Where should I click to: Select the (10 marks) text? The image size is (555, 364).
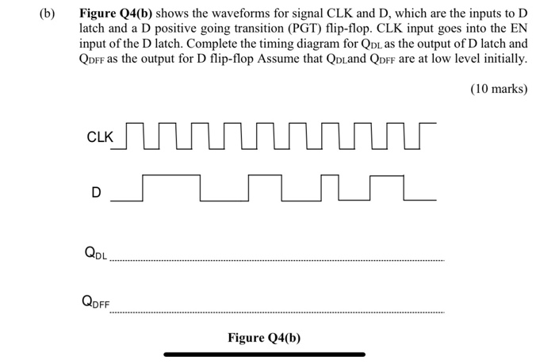click(497, 89)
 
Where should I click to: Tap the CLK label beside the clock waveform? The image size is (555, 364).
click(100, 137)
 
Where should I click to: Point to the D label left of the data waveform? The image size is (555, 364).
click(96, 192)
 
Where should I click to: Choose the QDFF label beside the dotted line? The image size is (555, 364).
click(96, 301)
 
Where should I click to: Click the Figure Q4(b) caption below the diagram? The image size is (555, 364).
click(264, 338)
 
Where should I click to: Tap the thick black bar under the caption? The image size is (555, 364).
click(264, 354)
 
